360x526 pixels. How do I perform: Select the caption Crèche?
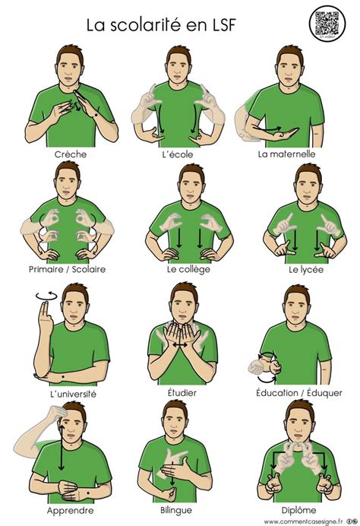71,154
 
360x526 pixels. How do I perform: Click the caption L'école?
181,154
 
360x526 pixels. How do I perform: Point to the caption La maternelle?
286,154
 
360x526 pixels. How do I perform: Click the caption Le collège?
181,269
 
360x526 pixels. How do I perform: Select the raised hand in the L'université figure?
44,319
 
